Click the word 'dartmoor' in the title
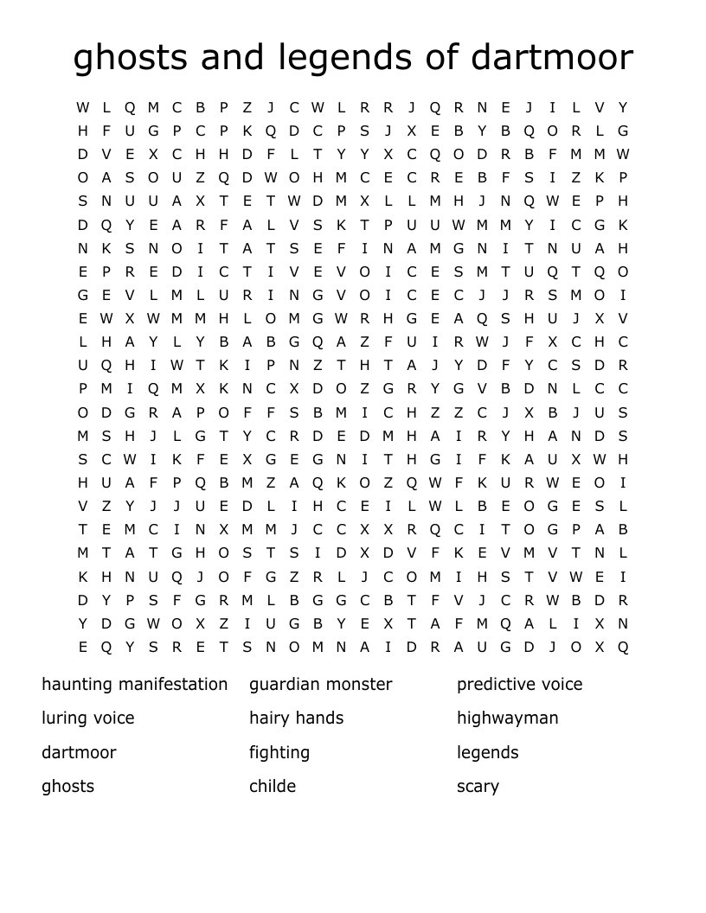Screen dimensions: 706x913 (x=552, y=58)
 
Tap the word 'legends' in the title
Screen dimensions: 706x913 (x=346, y=58)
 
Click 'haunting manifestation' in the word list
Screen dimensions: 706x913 (x=135, y=684)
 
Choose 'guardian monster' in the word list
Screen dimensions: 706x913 (x=321, y=684)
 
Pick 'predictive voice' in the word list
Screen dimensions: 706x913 (x=520, y=684)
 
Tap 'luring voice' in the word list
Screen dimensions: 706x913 (x=88, y=718)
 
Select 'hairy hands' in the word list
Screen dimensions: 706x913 (x=297, y=718)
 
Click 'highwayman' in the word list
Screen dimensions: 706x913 (x=508, y=718)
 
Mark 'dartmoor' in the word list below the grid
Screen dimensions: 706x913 (x=79, y=752)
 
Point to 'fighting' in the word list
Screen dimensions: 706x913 (x=279, y=752)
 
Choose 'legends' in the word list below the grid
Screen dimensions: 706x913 (x=488, y=752)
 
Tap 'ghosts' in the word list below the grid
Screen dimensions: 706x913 (x=67, y=786)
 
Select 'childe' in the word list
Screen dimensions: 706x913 (x=273, y=786)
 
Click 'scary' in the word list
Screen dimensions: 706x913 (x=478, y=786)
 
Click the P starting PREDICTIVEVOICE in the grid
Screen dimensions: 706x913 (x=106, y=271)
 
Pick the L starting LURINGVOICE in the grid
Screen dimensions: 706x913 (x=201, y=295)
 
